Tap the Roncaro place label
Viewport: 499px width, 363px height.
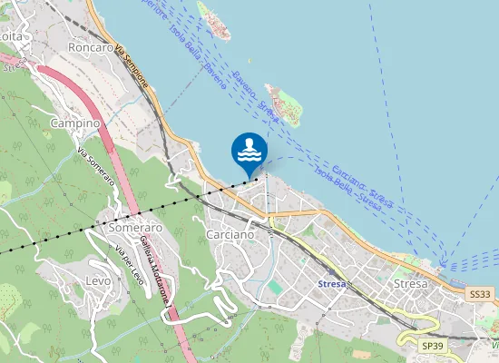[x=91, y=47]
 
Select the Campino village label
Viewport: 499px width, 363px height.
[x=74, y=123]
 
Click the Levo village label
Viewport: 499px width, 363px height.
[x=98, y=281]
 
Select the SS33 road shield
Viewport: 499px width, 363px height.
[x=481, y=295]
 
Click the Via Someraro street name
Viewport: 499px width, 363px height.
[x=95, y=167]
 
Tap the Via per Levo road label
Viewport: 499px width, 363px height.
[x=125, y=260]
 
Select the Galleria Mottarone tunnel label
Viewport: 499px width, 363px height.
[x=160, y=262]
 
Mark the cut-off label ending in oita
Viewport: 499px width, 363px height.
[x=12, y=35]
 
